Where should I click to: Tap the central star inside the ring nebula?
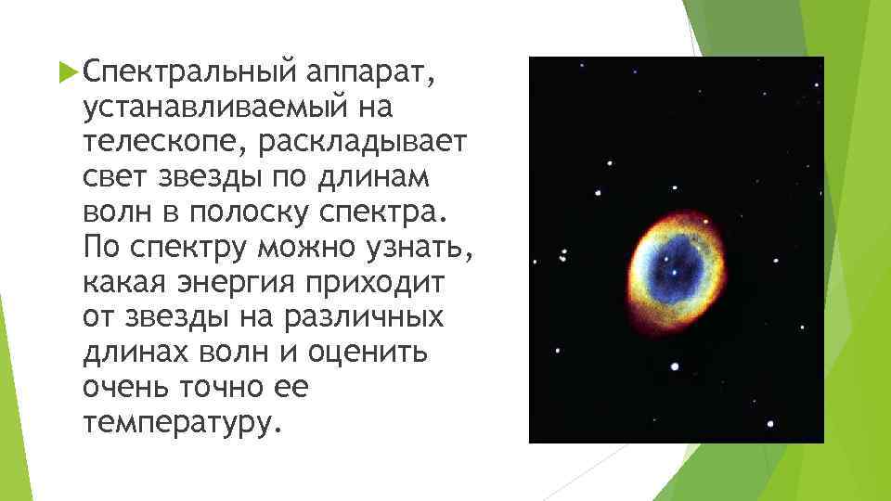pyautogui.click(x=672, y=274)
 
